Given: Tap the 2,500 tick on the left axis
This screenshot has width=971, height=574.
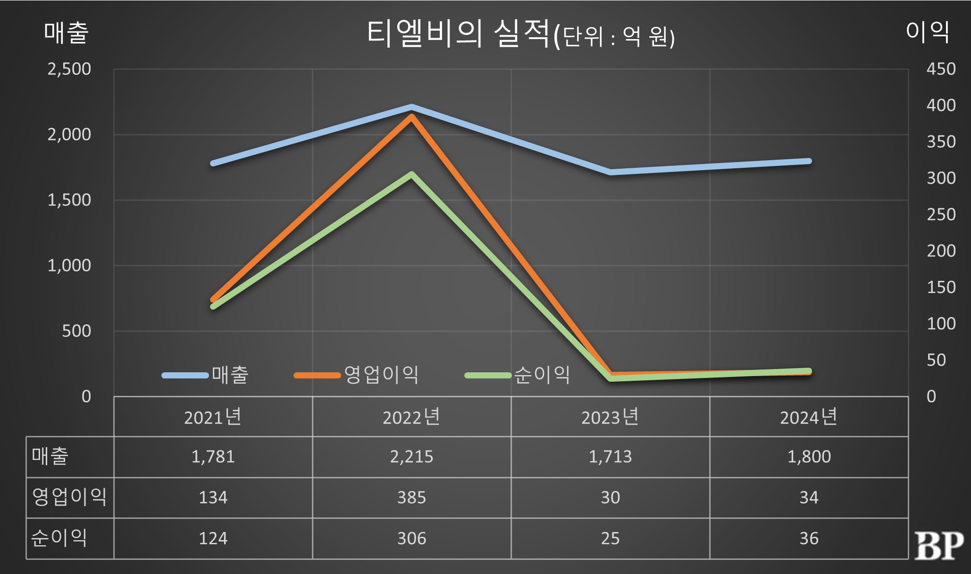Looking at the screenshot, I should pyautogui.click(x=69, y=69).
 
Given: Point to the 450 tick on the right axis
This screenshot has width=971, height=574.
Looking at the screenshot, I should pyautogui.click(x=941, y=69).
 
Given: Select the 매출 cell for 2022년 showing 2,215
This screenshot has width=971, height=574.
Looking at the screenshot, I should pyautogui.click(x=411, y=457).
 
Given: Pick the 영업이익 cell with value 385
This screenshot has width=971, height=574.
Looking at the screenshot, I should pyautogui.click(x=411, y=498).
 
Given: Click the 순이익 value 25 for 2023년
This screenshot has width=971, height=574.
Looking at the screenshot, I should pyautogui.click(x=610, y=538).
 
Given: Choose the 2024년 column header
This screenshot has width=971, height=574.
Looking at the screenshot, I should pyautogui.click(x=809, y=417).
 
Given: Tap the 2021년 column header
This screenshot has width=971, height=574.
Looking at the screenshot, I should pyautogui.click(x=213, y=417).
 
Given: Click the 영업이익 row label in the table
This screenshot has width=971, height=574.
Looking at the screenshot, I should pyautogui.click(x=69, y=497).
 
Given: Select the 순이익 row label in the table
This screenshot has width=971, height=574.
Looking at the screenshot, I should pyautogui.click(x=59, y=538).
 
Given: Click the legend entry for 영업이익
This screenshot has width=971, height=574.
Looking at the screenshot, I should pyautogui.click(x=357, y=375).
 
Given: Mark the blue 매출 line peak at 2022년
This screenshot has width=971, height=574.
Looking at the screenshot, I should pyautogui.click(x=411, y=107).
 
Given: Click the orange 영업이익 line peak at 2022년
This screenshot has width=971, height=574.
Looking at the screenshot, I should pyautogui.click(x=411, y=117).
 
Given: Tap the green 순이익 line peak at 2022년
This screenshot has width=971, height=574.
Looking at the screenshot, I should pyautogui.click(x=411, y=175).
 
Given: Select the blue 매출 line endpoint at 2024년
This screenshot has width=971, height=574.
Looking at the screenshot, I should pyautogui.click(x=809, y=161).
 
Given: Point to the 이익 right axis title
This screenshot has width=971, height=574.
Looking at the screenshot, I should pyautogui.click(x=927, y=32).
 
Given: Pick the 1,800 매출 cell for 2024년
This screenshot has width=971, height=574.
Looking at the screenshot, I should pyautogui.click(x=809, y=457).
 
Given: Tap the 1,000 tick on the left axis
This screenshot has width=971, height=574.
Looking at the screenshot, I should pyautogui.click(x=69, y=266).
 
